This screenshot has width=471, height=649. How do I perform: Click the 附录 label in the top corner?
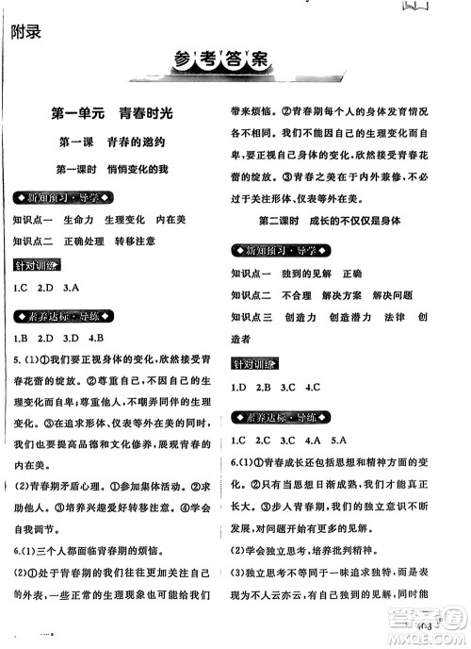tap(25, 31)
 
